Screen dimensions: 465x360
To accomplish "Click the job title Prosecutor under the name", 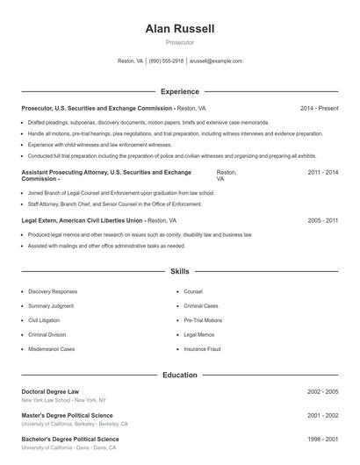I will pyautogui.click(x=180, y=42).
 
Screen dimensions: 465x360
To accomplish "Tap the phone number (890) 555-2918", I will pyautogui.click(x=166, y=61).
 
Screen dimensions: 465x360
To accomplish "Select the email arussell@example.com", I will pyautogui.click(x=215, y=61).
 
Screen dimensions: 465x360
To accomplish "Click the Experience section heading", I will pyautogui.click(x=180, y=91).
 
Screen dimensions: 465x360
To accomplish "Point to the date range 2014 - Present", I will pyautogui.click(x=319, y=108).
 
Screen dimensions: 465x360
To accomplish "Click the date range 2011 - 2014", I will pyautogui.click(x=322, y=173).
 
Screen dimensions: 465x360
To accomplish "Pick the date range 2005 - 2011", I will pyautogui.click(x=322, y=221).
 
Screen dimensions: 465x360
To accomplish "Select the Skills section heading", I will pyautogui.click(x=180, y=272).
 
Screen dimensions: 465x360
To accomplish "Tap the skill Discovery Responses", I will pyautogui.click(x=53, y=291).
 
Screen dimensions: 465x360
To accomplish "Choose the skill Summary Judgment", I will pyautogui.click(x=52, y=305).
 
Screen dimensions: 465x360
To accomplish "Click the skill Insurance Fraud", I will pyautogui.click(x=203, y=349).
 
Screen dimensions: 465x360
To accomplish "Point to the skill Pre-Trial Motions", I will pyautogui.click(x=203, y=320).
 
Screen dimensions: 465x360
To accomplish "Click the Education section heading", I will pyautogui.click(x=180, y=375).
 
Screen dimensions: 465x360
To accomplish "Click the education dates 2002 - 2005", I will pyautogui.click(x=322, y=391).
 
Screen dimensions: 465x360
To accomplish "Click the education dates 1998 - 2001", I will pyautogui.click(x=322, y=439).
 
